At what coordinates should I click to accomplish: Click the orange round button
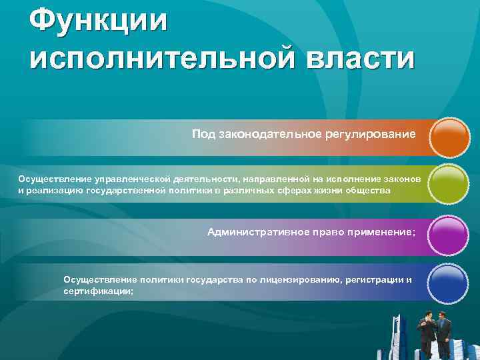[x=450, y=138]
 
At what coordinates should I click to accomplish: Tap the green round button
[x=449, y=185]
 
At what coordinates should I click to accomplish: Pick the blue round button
[x=449, y=284]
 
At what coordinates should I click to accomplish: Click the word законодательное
[x=266, y=135]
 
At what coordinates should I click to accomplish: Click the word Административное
[x=257, y=232]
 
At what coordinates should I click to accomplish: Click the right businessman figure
[x=443, y=332]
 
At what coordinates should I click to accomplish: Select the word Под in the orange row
[x=200, y=135]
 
